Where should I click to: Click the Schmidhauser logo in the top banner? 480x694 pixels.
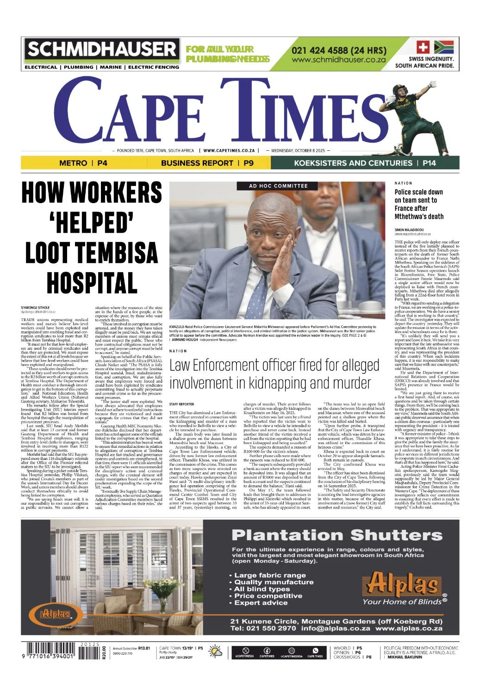tap(102, 50)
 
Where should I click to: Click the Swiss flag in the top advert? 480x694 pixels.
tap(423, 47)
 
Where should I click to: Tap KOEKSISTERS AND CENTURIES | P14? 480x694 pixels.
tap(365, 163)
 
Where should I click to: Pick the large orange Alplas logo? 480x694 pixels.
tap(403, 584)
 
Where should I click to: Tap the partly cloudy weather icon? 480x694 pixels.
tap(215, 652)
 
